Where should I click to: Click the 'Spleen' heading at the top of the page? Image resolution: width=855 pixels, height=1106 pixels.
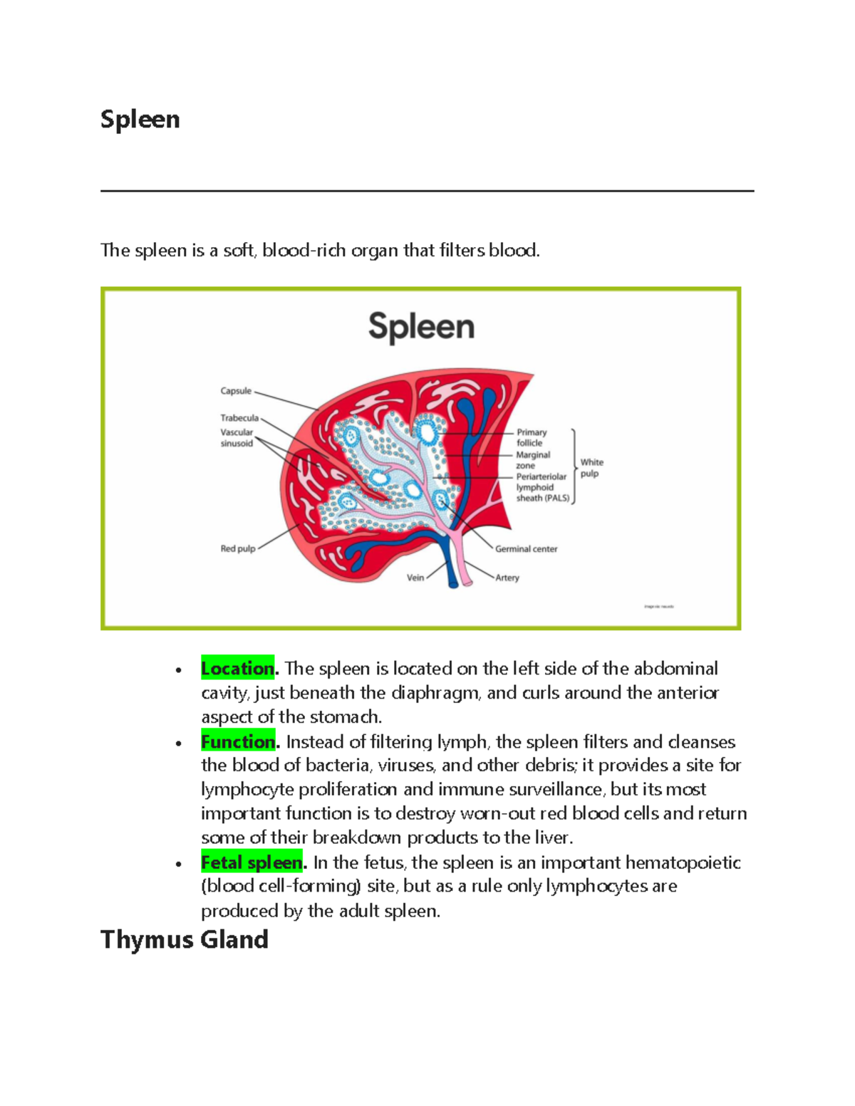(140, 120)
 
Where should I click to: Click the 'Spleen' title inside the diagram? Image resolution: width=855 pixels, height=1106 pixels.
(421, 328)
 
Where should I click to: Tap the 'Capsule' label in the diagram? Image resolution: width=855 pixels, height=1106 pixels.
(236, 391)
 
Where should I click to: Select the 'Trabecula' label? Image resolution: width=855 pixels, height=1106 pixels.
(239, 418)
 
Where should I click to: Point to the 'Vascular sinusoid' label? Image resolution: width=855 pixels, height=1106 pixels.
(237, 438)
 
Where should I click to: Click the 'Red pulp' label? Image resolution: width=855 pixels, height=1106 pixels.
(238, 549)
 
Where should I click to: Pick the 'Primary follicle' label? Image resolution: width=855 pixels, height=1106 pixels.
(532, 437)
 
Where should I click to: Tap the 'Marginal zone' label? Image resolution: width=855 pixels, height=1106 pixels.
(533, 460)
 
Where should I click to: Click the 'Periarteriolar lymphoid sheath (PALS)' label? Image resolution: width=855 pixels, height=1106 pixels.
(542, 487)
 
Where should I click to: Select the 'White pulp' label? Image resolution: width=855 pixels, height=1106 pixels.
(591, 468)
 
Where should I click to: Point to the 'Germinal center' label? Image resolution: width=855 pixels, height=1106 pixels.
(527, 549)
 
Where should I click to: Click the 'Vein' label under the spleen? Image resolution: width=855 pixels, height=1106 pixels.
(415, 578)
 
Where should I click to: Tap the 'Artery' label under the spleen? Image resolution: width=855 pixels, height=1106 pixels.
(507, 578)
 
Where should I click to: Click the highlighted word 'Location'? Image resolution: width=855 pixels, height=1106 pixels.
(238, 669)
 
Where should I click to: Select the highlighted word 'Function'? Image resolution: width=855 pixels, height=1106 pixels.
(238, 742)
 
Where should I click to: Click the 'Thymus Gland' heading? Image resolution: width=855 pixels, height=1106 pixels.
(185, 940)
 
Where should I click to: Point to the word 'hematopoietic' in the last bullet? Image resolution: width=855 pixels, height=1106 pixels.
(683, 863)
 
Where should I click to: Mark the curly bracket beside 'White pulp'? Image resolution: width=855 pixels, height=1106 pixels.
(574, 466)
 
